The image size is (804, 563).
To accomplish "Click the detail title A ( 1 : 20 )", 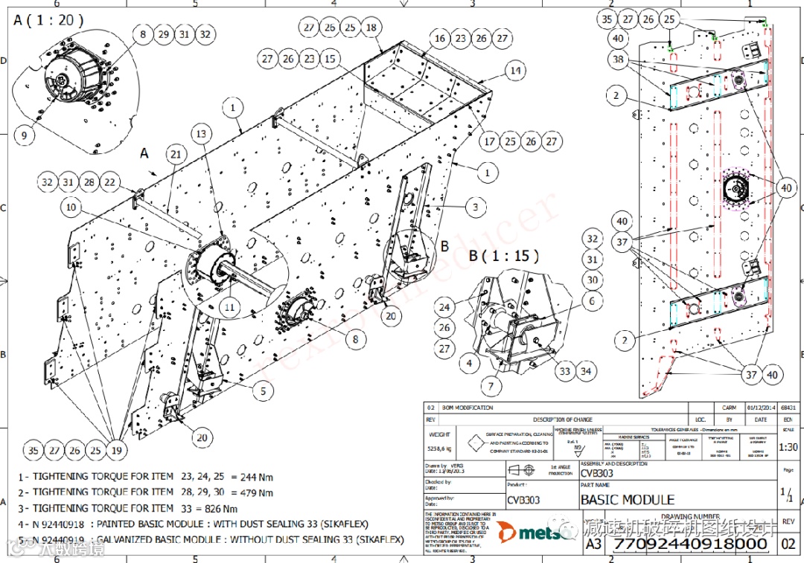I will tap(48, 19).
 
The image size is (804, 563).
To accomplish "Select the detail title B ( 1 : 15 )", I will tap(504, 256).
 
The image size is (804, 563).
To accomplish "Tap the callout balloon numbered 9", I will tap(25, 135).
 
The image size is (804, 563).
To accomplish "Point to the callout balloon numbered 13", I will tap(201, 133).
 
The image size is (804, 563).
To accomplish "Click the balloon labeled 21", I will tap(176, 154).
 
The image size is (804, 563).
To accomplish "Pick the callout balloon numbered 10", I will tap(71, 207).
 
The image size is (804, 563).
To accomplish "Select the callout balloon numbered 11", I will tap(229, 306).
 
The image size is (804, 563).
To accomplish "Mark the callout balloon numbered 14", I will tap(514, 71).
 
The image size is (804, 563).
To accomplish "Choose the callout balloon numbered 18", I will tap(371, 28).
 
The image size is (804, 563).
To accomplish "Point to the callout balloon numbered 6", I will tap(593, 300).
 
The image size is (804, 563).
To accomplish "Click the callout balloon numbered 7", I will tap(491, 387).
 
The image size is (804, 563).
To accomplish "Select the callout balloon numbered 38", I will tap(617, 59).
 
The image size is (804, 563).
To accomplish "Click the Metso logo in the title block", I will tap(531, 533).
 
